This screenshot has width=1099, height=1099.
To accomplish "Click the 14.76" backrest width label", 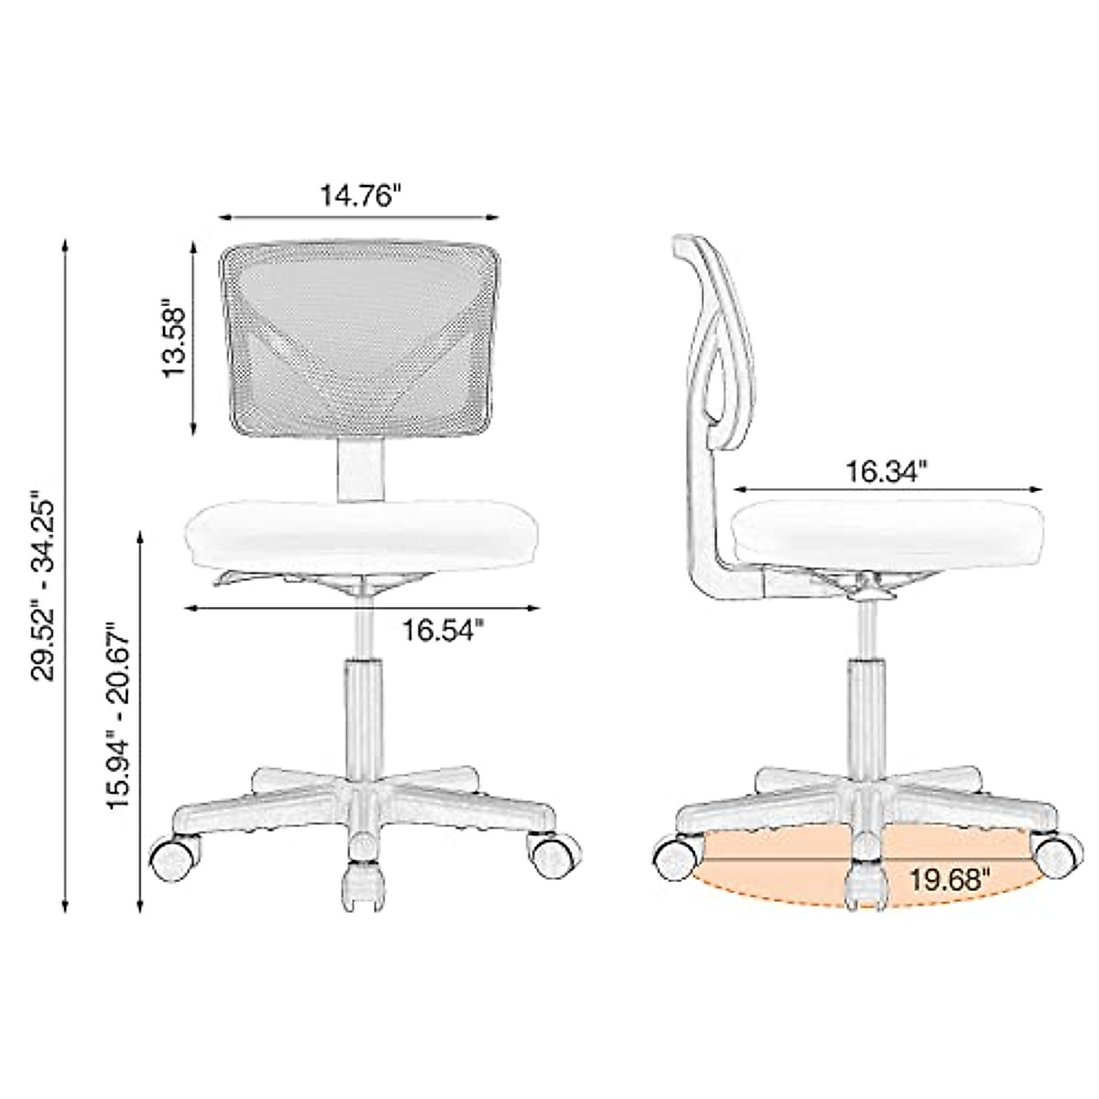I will click(x=361, y=195).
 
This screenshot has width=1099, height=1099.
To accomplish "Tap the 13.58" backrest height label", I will click(x=174, y=336).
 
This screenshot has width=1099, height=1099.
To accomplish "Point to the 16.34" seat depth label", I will click(x=886, y=472).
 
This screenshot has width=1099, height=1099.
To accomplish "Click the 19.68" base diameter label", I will click(x=950, y=880).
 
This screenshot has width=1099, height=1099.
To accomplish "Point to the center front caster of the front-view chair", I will click(x=361, y=885).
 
